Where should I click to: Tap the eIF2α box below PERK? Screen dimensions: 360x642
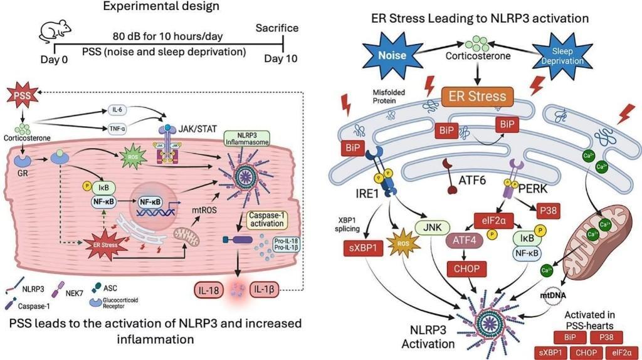[x=486, y=220]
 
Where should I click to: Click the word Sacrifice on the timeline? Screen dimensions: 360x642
[x=276, y=28]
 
